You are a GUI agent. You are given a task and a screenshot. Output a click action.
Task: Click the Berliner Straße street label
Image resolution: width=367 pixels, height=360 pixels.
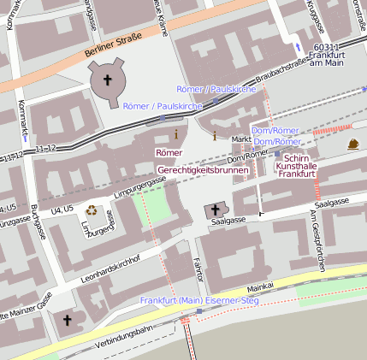pos(114,50)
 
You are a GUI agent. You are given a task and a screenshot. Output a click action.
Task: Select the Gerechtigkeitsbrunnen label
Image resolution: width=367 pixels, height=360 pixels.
pos(210,170)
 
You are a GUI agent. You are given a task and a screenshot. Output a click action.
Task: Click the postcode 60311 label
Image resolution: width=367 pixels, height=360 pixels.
pos(328,47)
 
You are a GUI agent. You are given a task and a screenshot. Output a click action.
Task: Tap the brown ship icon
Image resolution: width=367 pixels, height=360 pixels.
pos(353,145)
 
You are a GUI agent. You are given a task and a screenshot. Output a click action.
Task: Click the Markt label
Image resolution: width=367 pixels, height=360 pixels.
pos(241,139)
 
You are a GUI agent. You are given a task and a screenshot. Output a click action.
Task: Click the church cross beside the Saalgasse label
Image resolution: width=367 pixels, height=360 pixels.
pos(215,210)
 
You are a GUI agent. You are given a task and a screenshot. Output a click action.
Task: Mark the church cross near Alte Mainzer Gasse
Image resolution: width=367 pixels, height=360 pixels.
pos(68,321)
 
